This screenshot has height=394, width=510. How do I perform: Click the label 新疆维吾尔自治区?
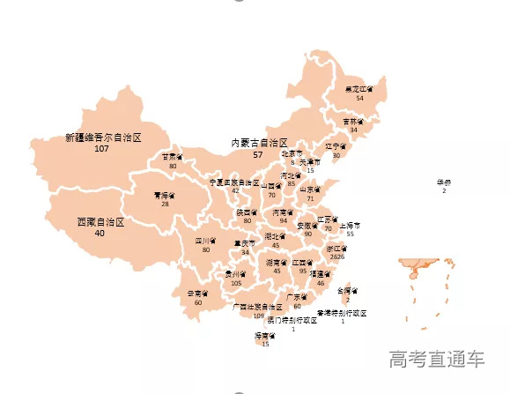[103, 138]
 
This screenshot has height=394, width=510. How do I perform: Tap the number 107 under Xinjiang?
[101, 149]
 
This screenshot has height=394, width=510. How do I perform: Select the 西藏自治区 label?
[100, 222]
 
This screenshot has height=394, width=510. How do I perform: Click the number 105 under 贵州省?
[235, 283]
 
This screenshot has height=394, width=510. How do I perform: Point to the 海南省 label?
[266, 336]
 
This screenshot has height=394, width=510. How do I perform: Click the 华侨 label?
[444, 182]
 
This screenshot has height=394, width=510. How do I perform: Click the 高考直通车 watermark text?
[438, 359]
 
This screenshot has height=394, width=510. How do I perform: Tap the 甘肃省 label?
[173, 157]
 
